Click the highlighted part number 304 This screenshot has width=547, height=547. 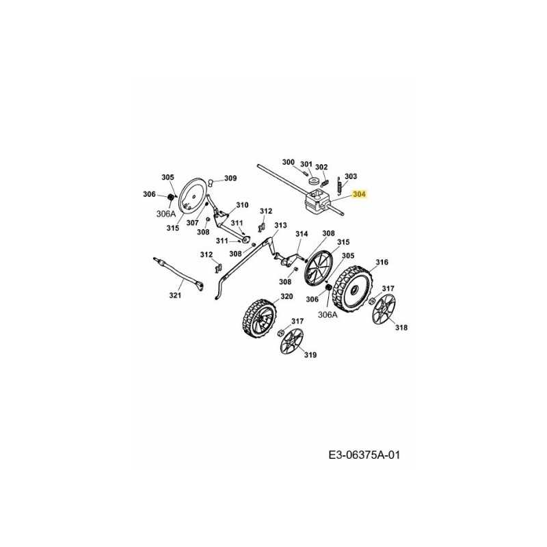(x=360, y=194)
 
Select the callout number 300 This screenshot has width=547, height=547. (x=289, y=163)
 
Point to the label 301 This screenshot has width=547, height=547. (x=306, y=164)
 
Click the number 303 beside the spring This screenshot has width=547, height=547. (x=350, y=176)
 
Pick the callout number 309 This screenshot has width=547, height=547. (x=230, y=178)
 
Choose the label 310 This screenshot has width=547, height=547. (x=242, y=205)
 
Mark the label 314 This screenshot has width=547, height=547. (x=302, y=234)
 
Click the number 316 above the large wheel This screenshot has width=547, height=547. (x=382, y=262)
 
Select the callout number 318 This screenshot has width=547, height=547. (x=401, y=328)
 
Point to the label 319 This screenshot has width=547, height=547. (x=310, y=355)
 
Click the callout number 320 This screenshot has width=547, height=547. (x=286, y=296)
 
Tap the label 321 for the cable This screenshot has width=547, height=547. (x=175, y=295)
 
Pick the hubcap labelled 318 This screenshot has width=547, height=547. (x=384, y=310)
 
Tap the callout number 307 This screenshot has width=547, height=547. (x=193, y=223)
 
